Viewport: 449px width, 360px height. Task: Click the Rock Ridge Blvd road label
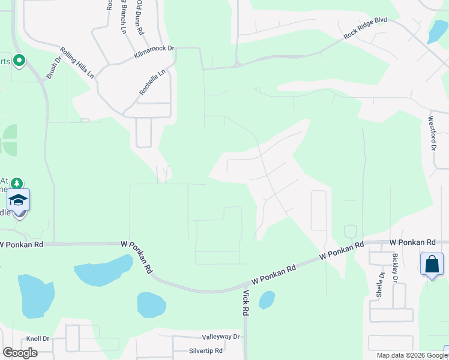[x=365, y=28]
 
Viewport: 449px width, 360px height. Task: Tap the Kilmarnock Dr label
[x=154, y=53]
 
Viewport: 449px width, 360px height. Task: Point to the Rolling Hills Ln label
[x=77, y=62]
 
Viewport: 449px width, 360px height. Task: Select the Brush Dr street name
[x=54, y=68]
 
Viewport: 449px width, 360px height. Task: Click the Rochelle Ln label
[x=152, y=83]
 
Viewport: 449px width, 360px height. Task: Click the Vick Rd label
[x=246, y=303]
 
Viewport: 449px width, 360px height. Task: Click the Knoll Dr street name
[x=38, y=339]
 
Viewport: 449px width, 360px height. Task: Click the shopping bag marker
[x=432, y=265]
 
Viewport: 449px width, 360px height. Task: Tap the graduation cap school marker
[x=18, y=200]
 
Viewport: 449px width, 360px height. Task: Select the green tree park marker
[x=17, y=182]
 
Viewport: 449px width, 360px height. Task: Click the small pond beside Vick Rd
[x=266, y=299]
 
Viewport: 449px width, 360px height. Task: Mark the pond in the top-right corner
[x=437, y=32]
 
